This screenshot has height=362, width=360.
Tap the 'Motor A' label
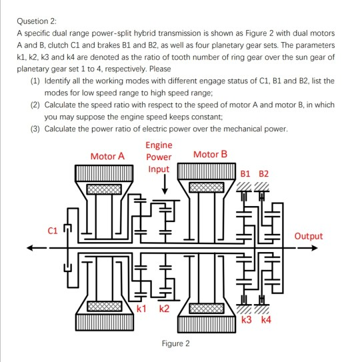pos(107,156)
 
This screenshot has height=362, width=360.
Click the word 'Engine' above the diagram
pos(158,145)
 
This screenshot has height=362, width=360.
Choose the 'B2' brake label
pos(264,174)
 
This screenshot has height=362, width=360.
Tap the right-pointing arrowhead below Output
pos(321,250)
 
